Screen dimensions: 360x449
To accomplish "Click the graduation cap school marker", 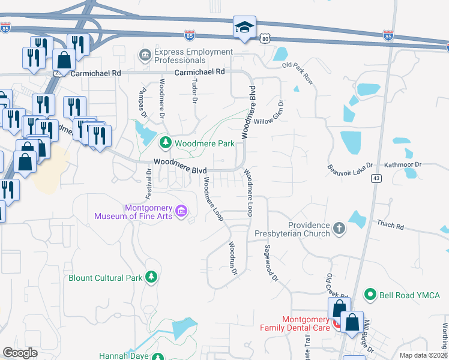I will point(244,28).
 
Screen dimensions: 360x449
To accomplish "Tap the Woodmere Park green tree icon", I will point(166,143).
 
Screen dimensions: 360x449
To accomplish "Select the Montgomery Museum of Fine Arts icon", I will point(181,212).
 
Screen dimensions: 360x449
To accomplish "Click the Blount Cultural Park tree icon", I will point(152,277).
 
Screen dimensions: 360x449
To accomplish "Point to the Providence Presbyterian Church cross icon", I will point(339,228).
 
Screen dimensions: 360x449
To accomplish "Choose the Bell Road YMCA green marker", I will point(370,295).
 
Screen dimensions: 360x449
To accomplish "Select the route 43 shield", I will point(376,178).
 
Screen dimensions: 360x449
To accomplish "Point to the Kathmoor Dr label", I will point(402,164).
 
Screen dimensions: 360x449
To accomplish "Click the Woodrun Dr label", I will point(232,258).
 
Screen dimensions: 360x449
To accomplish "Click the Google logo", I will point(20,353).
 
